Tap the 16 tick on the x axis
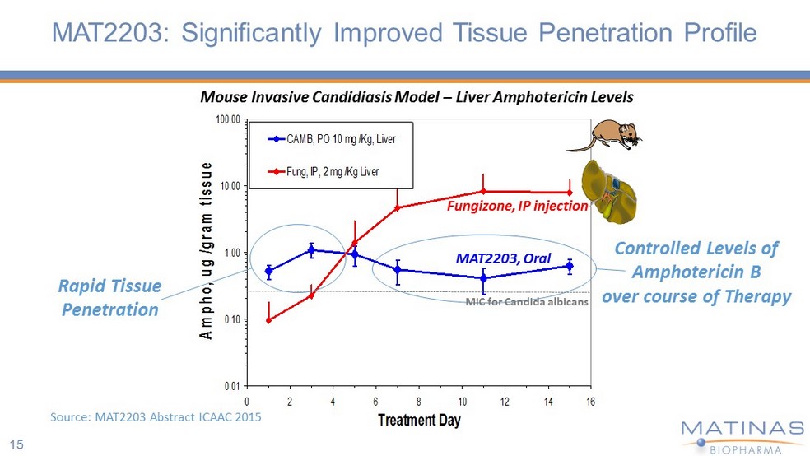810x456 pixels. pyautogui.click(x=590, y=401)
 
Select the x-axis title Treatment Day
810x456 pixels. pyautogui.click(x=419, y=421)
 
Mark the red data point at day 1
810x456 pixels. pyautogui.click(x=269, y=319)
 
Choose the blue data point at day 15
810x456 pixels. pyautogui.click(x=569, y=265)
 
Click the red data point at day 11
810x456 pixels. pyautogui.click(x=483, y=192)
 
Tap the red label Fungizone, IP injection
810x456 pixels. pyautogui.click(x=517, y=207)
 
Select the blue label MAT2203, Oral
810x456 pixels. pyautogui.click(x=503, y=258)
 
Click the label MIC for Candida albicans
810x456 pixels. pyautogui.click(x=527, y=302)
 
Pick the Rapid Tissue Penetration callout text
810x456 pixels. pyautogui.click(x=109, y=298)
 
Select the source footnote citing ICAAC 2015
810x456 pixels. pyautogui.click(x=156, y=417)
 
